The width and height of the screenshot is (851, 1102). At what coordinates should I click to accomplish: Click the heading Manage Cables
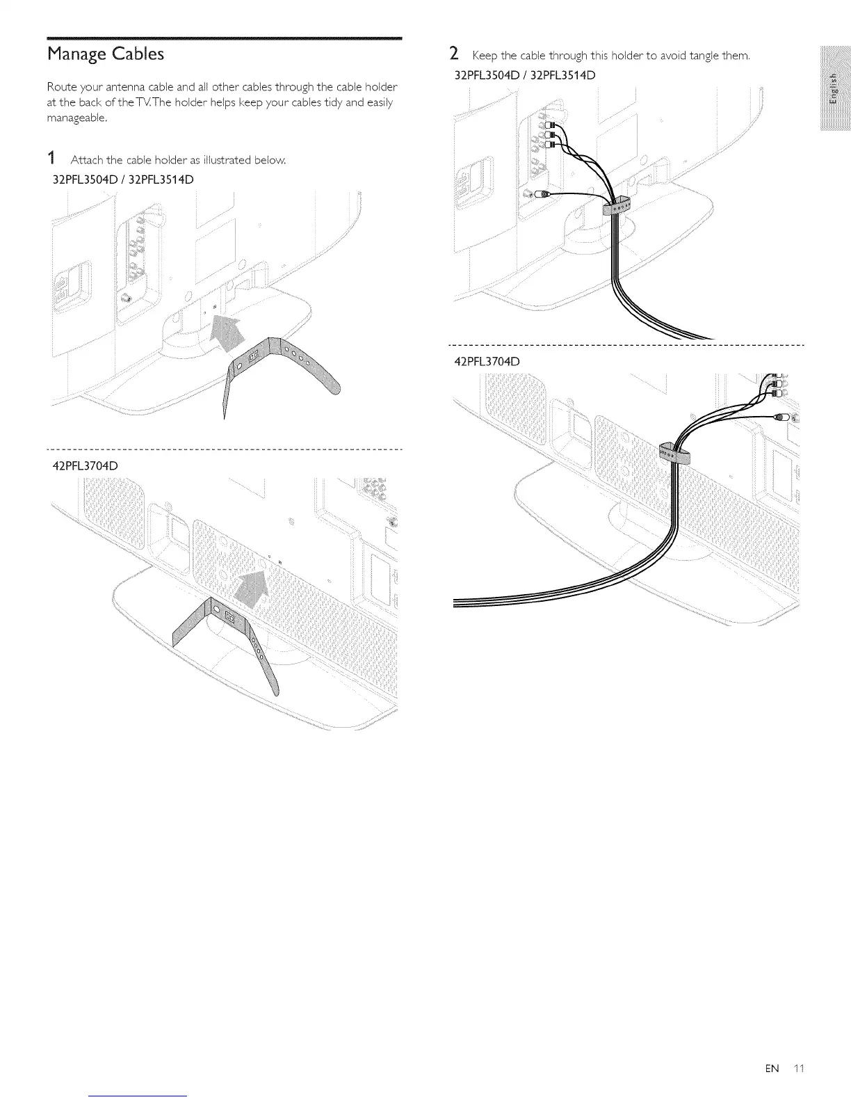[106, 54]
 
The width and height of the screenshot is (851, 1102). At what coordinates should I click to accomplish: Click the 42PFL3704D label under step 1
[86, 465]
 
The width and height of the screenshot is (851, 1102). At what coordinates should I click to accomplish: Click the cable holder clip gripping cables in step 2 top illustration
[616, 206]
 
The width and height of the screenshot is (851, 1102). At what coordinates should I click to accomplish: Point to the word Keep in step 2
[483, 56]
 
